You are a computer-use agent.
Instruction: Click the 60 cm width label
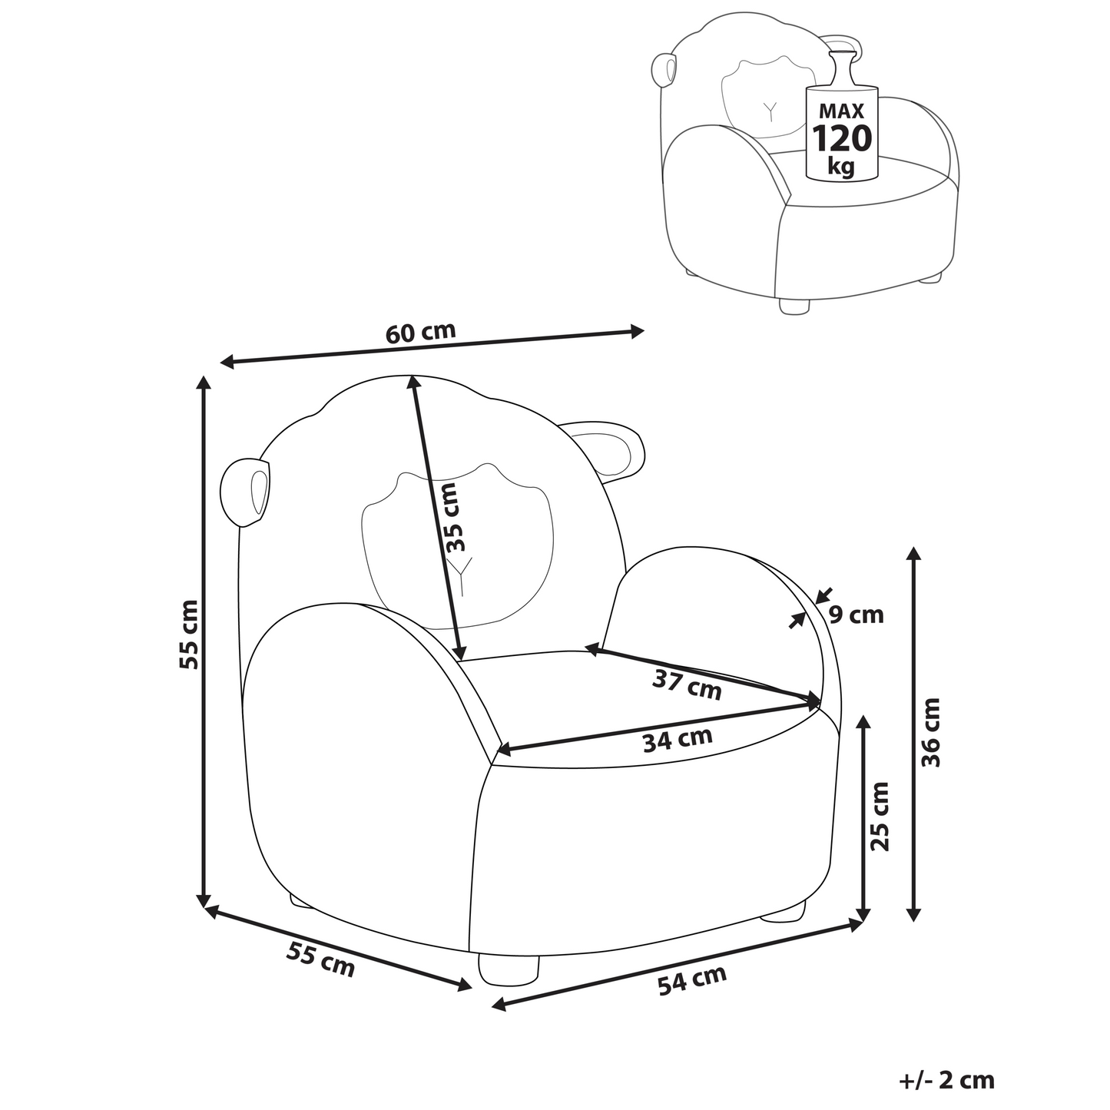pos(420,333)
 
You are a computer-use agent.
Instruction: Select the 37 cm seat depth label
pos(688,684)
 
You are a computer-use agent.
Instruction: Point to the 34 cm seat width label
pos(678,740)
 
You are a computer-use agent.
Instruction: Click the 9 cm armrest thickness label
pos(856,615)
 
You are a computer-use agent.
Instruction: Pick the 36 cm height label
pos(930,732)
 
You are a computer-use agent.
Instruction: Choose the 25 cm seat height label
pos(880,817)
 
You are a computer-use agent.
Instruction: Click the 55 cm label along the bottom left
pos(320,960)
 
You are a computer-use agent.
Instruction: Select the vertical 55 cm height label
pos(188,635)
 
